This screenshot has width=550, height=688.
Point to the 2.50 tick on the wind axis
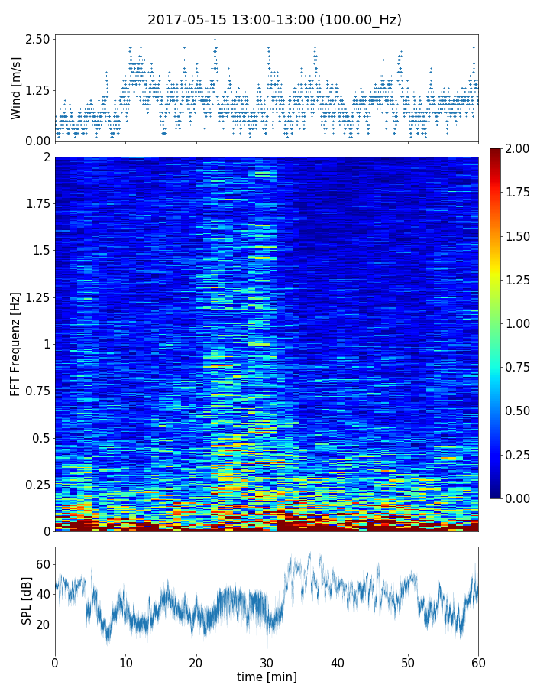pos(38,39)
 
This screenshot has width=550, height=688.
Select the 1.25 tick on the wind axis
pos(38,90)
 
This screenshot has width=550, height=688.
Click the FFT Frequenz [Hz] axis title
pos(16,343)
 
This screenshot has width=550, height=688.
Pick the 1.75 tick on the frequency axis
pos(35,204)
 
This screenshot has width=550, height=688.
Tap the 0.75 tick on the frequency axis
pos(35,391)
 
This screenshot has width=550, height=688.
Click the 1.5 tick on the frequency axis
pos(40,251)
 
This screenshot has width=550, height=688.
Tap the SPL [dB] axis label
pos(27,601)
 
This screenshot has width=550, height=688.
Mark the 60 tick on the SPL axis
pos(43,564)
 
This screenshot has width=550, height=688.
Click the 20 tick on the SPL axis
pos(43,625)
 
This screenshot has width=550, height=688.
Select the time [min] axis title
pos(267,677)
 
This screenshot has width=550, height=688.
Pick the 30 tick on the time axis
pos(267,661)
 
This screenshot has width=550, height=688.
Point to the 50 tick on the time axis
pos(408,661)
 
